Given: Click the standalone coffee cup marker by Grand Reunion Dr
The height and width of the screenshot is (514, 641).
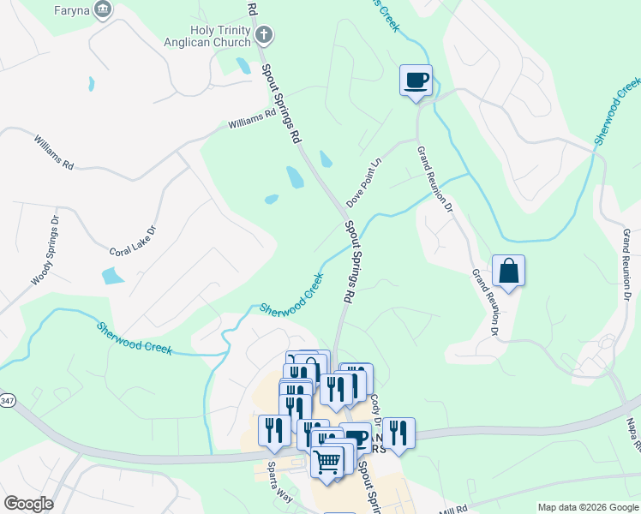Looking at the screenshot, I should [416, 81].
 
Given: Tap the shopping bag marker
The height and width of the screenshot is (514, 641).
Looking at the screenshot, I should [508, 271].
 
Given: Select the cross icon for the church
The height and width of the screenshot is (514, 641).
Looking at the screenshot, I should [264, 35].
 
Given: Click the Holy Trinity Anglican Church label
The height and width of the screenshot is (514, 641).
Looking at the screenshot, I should [207, 36].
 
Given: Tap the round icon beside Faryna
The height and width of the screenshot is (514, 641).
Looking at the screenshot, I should [103, 9].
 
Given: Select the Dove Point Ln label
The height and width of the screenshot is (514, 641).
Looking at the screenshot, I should [363, 182].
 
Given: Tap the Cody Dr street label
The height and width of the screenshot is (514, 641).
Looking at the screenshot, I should [375, 406].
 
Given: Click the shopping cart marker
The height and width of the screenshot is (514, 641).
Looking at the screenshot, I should [327, 462].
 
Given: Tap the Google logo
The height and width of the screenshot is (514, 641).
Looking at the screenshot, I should [27, 504].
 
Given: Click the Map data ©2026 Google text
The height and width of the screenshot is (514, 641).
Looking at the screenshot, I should [587, 507].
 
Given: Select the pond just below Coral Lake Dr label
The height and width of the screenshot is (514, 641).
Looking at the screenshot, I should [112, 276].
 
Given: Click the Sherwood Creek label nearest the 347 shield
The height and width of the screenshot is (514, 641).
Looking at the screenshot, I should [135, 338].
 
